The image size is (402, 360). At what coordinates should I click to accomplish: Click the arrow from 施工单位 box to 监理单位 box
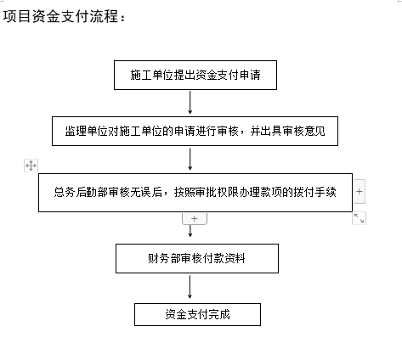[x=190, y=103]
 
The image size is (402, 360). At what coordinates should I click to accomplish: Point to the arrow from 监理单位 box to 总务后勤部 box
[x=190, y=159]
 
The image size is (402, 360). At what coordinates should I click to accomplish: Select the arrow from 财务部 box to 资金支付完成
[x=190, y=287]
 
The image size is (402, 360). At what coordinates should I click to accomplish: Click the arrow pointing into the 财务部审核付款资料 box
[x=190, y=231]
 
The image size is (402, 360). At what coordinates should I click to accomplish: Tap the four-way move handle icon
[x=31, y=166]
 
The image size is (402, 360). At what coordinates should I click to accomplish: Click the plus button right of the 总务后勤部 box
[x=360, y=191]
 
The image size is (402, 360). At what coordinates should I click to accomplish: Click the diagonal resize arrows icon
[x=359, y=218]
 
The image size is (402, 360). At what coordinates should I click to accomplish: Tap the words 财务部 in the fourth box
[x=164, y=258]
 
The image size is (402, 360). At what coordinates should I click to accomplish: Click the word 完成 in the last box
[x=219, y=314]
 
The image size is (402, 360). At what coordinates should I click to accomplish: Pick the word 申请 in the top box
[x=250, y=75]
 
